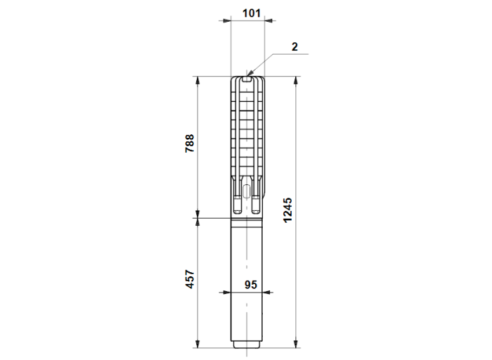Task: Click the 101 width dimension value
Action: [x=252, y=13]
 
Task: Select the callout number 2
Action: [x=294, y=47]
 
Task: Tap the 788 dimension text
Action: [x=190, y=143]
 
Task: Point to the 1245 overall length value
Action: [x=287, y=210]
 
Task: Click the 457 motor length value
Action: [x=190, y=279]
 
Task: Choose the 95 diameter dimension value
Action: [x=250, y=285]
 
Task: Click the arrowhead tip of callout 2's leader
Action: [x=247, y=76]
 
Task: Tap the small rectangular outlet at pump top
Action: [x=247, y=79]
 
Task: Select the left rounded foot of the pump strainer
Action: [x=238, y=205]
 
